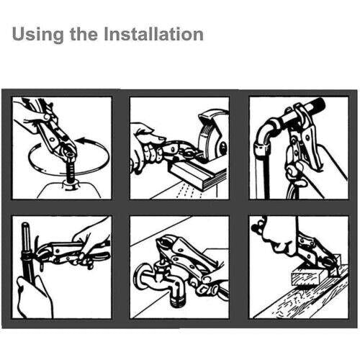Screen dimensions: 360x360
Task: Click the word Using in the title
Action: tap(37, 35)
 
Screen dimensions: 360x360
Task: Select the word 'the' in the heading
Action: tap(84, 34)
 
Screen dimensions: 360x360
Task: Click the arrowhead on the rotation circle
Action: tap(83, 141)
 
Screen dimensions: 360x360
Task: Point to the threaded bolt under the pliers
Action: tap(71, 170)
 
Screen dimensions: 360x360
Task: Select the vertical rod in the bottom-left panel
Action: tap(26, 250)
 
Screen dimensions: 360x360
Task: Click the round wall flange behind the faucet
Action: tap(142, 276)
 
